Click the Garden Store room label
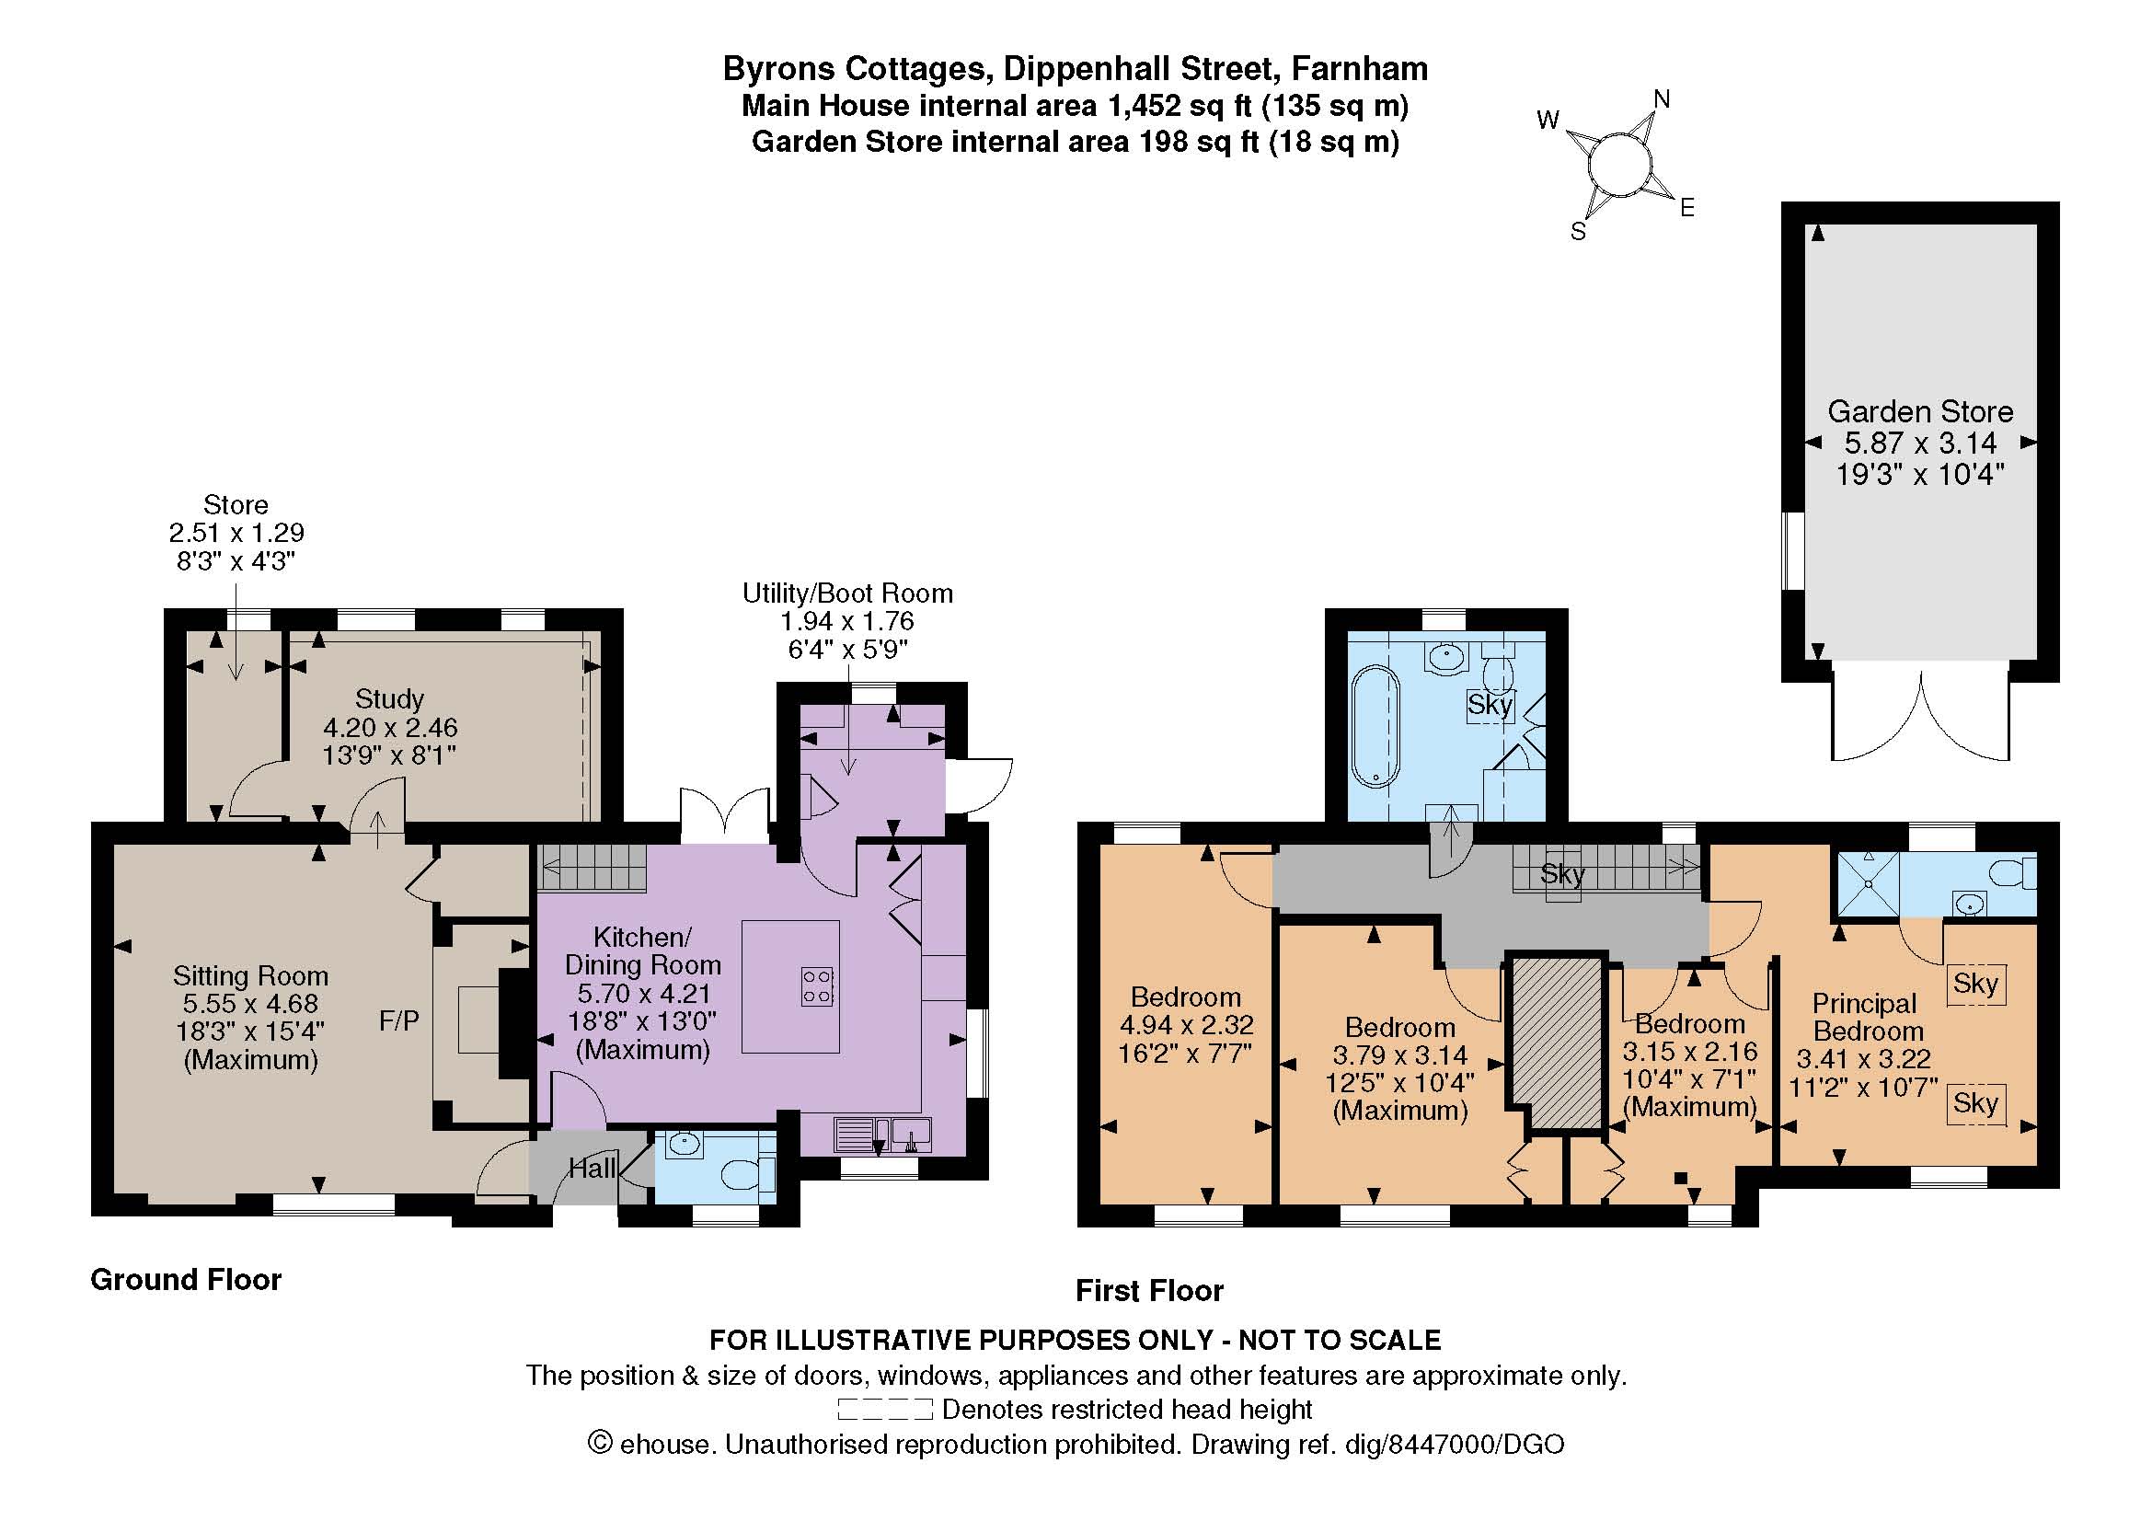pos(1919,411)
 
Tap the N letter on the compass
pos(1662,99)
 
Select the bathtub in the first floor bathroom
pos(1375,724)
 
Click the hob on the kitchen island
pos(817,986)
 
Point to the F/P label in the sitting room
pos(399,1020)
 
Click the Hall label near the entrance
pos(593,1168)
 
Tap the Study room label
pos(389,699)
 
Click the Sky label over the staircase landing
pos(1562,874)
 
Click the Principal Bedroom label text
pos(1865,1018)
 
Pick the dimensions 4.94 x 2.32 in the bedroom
pos(1187,1025)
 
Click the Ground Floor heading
pos(186,1280)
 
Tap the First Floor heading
pos(1149,1291)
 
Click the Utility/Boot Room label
pos(847,593)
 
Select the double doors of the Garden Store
pos(1920,717)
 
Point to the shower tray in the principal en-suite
pos(1867,883)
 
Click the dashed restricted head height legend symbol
pos(885,1410)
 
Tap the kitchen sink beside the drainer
pos(911,1133)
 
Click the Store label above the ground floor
pos(236,505)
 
